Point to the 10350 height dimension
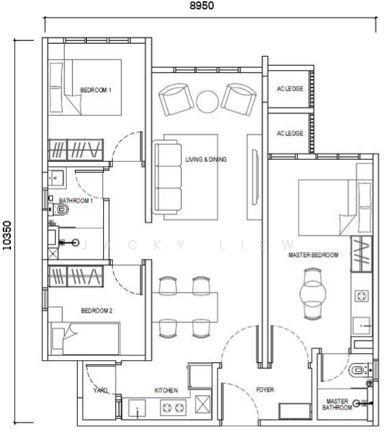point(7,235)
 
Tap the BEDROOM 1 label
point(96,91)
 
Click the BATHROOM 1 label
point(76,200)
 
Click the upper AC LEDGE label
point(290,90)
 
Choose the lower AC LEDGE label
point(290,134)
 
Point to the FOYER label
point(265,391)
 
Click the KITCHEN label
point(166,391)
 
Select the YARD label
point(100,391)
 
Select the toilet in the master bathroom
point(358,369)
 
